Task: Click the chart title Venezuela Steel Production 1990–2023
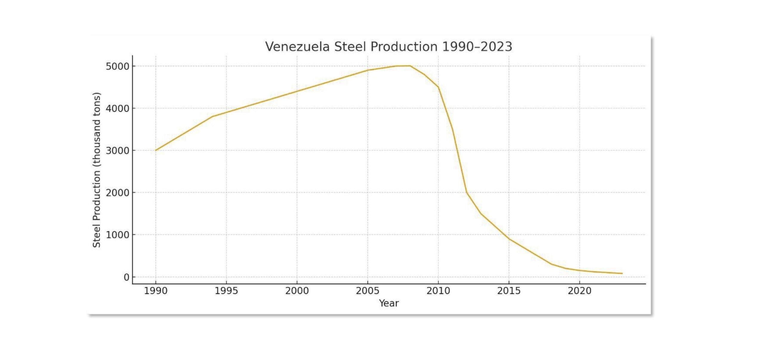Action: click(x=389, y=47)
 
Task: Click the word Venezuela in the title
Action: click(x=297, y=47)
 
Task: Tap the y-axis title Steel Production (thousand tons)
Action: click(x=97, y=170)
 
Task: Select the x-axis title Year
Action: click(x=389, y=303)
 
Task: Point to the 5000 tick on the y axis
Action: click(x=117, y=66)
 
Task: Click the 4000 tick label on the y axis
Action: click(x=117, y=109)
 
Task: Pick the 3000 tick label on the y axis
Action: click(x=117, y=151)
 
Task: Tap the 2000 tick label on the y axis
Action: click(x=117, y=193)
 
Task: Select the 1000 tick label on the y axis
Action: click(x=117, y=235)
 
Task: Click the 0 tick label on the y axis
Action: click(x=126, y=277)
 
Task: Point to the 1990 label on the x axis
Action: click(x=155, y=291)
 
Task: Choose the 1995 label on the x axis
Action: click(x=226, y=291)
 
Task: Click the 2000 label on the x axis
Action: click(x=297, y=291)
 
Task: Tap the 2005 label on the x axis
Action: click(x=368, y=291)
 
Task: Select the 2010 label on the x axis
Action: click(x=438, y=291)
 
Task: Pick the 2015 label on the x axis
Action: click(x=509, y=291)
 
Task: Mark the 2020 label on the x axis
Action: click(x=580, y=291)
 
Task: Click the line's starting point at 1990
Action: click(x=155, y=150)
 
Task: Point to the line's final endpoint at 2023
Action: click(x=622, y=274)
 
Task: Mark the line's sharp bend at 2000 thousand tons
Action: click(x=466, y=192)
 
